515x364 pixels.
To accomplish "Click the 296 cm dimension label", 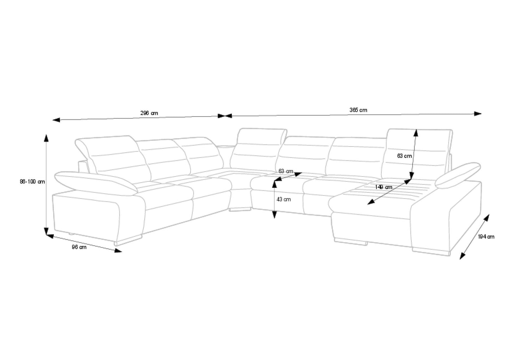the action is [149, 113].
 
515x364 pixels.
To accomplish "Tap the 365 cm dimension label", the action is [358, 110].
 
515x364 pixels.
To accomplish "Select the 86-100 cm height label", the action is [32, 181].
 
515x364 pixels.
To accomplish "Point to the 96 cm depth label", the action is [79, 247].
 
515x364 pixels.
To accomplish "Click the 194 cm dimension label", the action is [486, 237].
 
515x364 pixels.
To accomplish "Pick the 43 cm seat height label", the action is [283, 199].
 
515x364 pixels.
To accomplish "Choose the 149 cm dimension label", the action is [383, 187].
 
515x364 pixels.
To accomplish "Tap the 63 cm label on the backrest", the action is [405, 156].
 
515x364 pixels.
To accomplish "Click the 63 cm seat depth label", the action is [286, 171].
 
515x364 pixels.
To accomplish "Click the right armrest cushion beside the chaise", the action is [458, 175].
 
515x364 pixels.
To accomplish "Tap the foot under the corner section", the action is [240, 209].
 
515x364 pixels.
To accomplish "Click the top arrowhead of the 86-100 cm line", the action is [46, 138].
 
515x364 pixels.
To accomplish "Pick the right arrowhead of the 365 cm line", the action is [478, 114].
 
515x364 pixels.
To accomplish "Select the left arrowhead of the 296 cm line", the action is [56, 120].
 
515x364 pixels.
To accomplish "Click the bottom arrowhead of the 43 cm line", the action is [274, 215].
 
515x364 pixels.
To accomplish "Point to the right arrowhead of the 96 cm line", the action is [118, 251].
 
